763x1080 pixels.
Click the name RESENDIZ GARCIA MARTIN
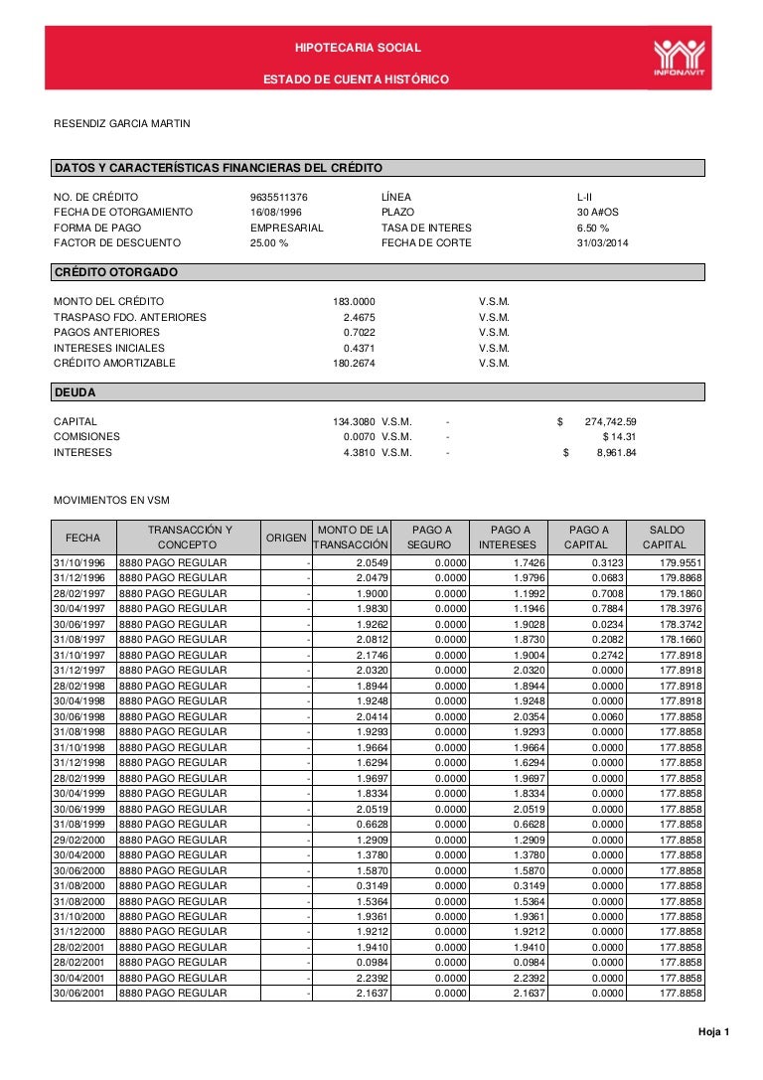tap(121, 124)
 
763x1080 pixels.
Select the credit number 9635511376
tap(279, 197)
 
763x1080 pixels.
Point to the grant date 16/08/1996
tap(277, 213)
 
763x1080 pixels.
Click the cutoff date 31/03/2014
tap(603, 243)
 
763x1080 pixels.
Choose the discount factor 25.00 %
tap(269, 243)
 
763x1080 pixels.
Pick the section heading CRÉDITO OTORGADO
tap(116, 272)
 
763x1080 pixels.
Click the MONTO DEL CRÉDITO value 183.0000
tap(354, 301)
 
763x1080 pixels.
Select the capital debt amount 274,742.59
tap(611, 421)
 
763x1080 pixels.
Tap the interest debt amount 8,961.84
tap(616, 453)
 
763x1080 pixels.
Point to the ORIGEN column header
tap(287, 538)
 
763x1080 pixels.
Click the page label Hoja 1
tap(712, 1032)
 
